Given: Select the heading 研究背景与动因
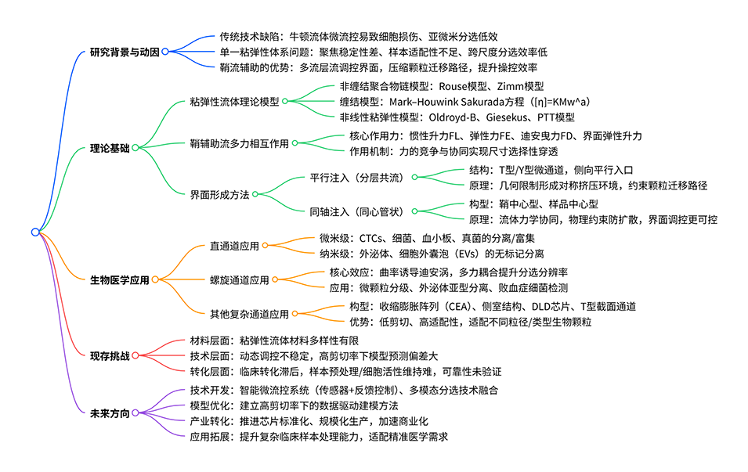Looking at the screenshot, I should point(125,52).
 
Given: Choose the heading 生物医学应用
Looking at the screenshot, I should point(119,279).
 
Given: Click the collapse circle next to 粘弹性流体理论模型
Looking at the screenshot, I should point(285,101).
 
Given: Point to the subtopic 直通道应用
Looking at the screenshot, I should point(233,245).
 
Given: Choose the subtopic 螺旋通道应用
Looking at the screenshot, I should point(239,279).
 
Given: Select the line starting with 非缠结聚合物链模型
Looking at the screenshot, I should point(441,86).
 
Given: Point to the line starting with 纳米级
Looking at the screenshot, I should point(430,253).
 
